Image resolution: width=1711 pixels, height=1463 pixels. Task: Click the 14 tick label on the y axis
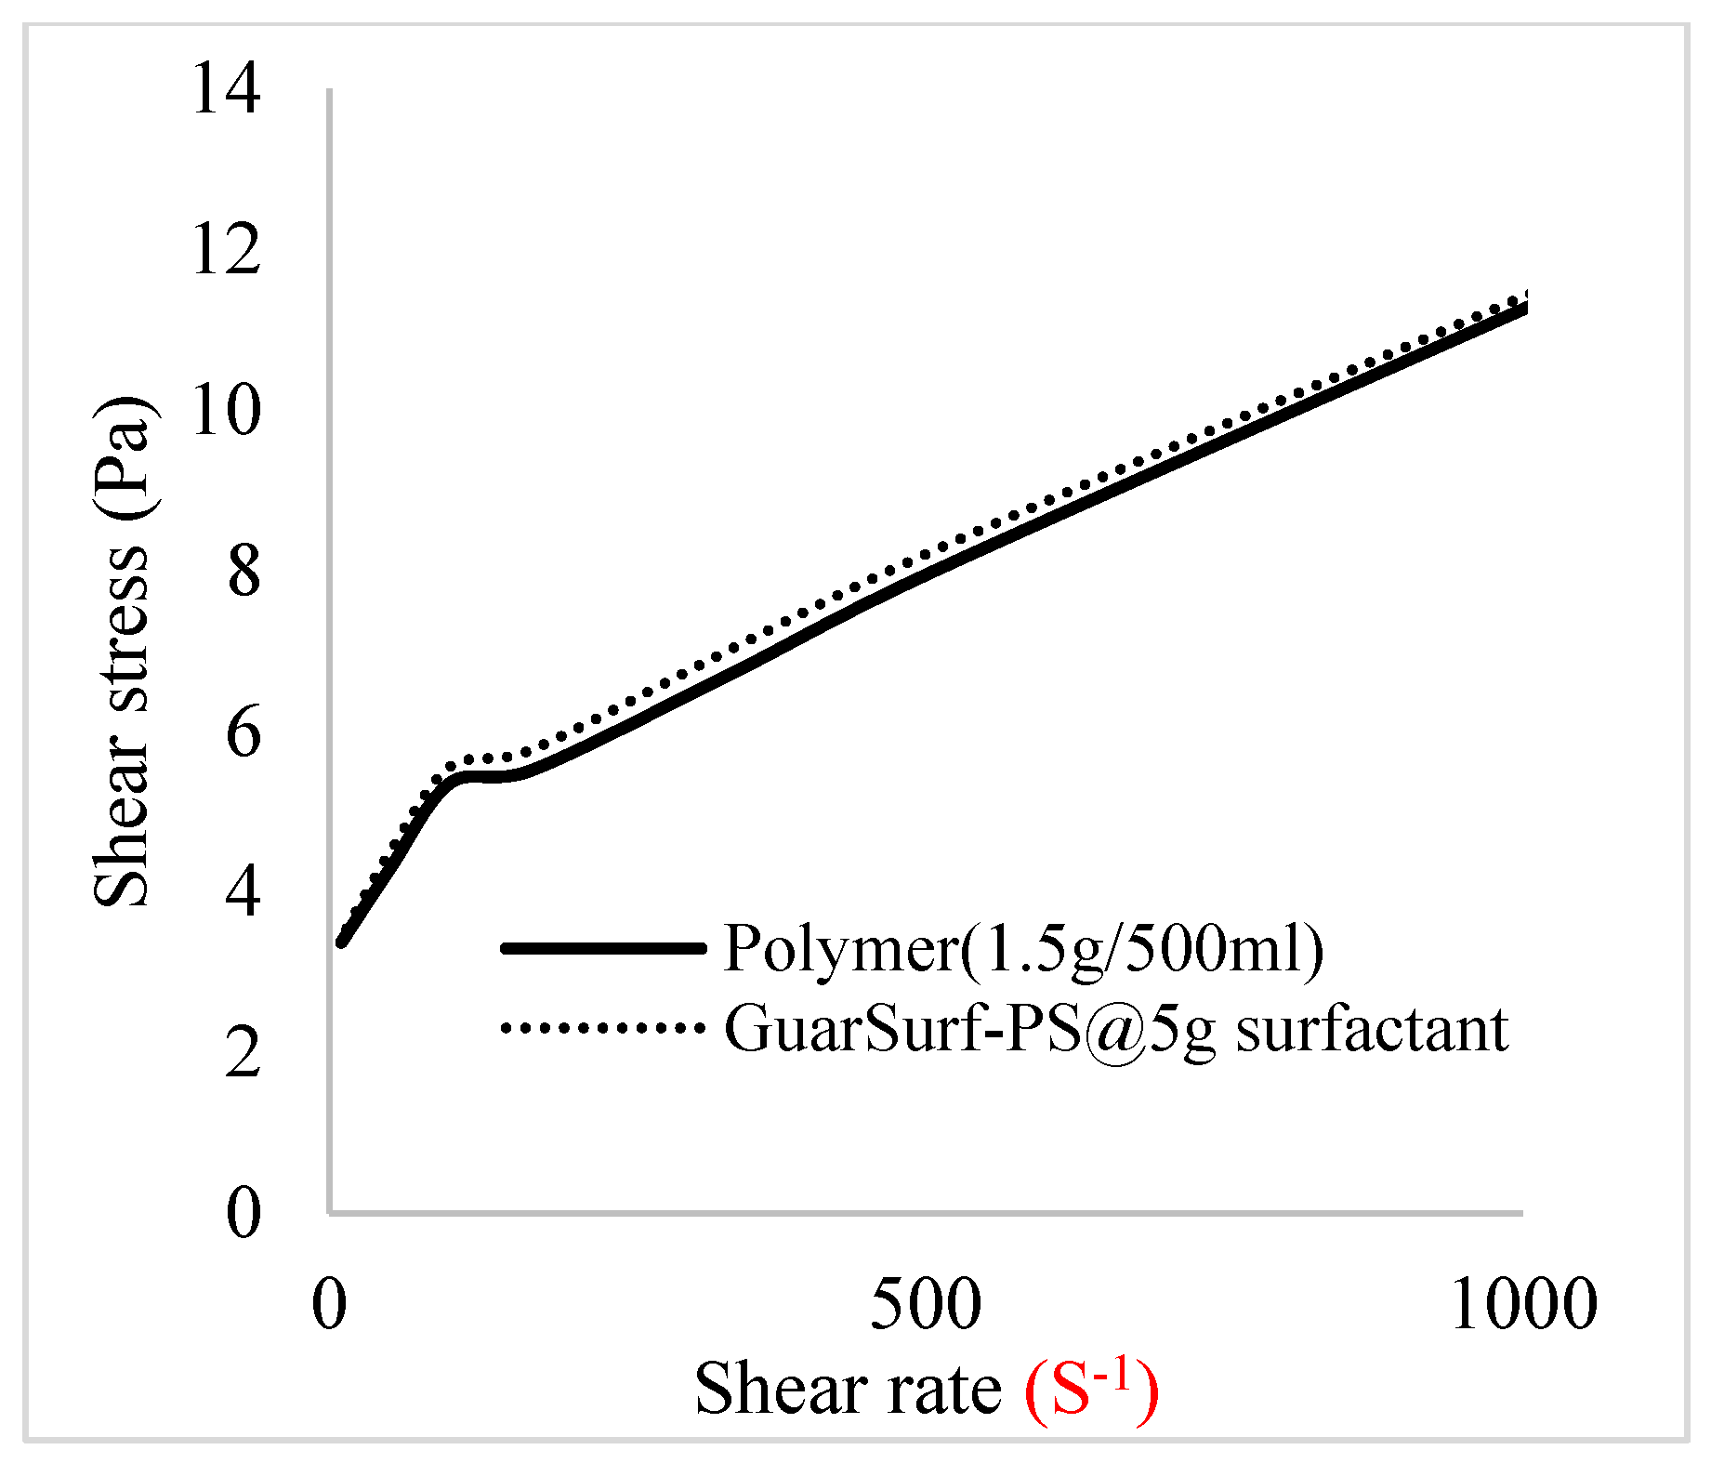[226, 90]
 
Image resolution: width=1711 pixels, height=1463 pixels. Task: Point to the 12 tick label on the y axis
[226, 250]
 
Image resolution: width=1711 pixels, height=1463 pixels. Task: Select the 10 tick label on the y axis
[226, 412]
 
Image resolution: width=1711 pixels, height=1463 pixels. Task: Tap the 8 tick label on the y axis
[243, 572]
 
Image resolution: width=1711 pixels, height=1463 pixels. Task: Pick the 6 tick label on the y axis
[243, 733]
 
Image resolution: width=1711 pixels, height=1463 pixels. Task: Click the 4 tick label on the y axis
[243, 893]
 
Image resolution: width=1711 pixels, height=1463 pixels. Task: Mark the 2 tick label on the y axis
[243, 1053]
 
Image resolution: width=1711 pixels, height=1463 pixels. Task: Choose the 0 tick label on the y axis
[243, 1213]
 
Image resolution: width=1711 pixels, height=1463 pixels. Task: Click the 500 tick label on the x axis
[926, 1304]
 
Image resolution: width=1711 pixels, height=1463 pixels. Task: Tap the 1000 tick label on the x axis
[1523, 1304]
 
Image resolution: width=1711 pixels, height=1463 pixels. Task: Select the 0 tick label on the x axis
[329, 1304]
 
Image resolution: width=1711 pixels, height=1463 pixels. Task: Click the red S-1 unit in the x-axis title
[1092, 1390]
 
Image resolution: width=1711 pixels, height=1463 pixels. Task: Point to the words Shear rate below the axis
[848, 1390]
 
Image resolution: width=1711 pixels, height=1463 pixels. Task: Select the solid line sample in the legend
[602, 948]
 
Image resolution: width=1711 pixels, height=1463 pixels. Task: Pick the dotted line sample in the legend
[602, 1028]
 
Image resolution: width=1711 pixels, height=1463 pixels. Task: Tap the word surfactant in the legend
[1372, 1030]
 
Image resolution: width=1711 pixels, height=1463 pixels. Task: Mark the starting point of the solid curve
[342, 942]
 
